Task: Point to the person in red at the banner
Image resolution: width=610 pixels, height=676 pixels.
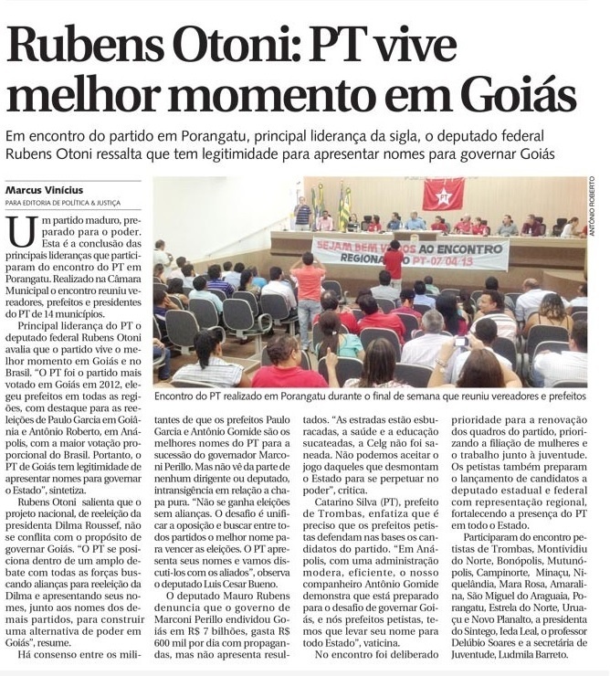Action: tap(394, 262)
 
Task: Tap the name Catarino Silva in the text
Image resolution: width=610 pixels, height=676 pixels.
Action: tap(341, 501)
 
